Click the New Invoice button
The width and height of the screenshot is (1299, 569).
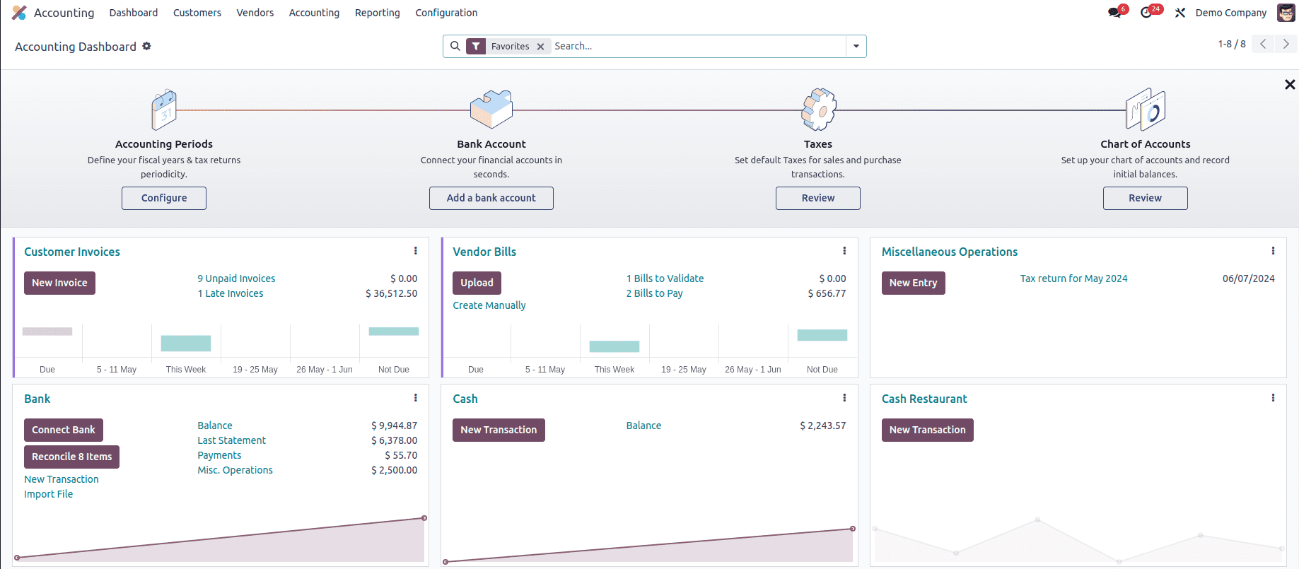[59, 283]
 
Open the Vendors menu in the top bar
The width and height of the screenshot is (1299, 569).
[255, 13]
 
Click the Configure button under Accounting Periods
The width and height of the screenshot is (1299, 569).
[164, 198]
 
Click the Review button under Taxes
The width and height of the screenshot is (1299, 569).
[817, 198]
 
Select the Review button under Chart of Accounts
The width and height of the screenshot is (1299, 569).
[1145, 198]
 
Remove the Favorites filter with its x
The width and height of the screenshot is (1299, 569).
[540, 47]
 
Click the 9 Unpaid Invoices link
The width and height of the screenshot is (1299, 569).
[236, 278]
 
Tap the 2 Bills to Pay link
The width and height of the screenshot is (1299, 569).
[654, 293]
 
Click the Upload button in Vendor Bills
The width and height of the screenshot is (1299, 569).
[477, 283]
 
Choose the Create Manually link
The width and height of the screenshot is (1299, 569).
[489, 305]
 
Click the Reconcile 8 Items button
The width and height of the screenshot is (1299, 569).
[71, 457]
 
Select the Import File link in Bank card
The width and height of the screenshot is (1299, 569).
[48, 494]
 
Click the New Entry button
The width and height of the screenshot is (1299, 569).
[913, 283]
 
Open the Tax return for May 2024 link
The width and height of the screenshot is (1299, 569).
[1073, 278]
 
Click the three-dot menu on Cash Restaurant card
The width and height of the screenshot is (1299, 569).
[1273, 398]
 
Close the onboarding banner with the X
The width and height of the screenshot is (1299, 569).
[1290, 85]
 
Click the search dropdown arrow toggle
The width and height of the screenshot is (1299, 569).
[856, 47]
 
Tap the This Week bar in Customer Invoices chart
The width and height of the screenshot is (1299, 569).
[186, 344]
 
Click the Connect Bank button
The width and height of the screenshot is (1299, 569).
[63, 430]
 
